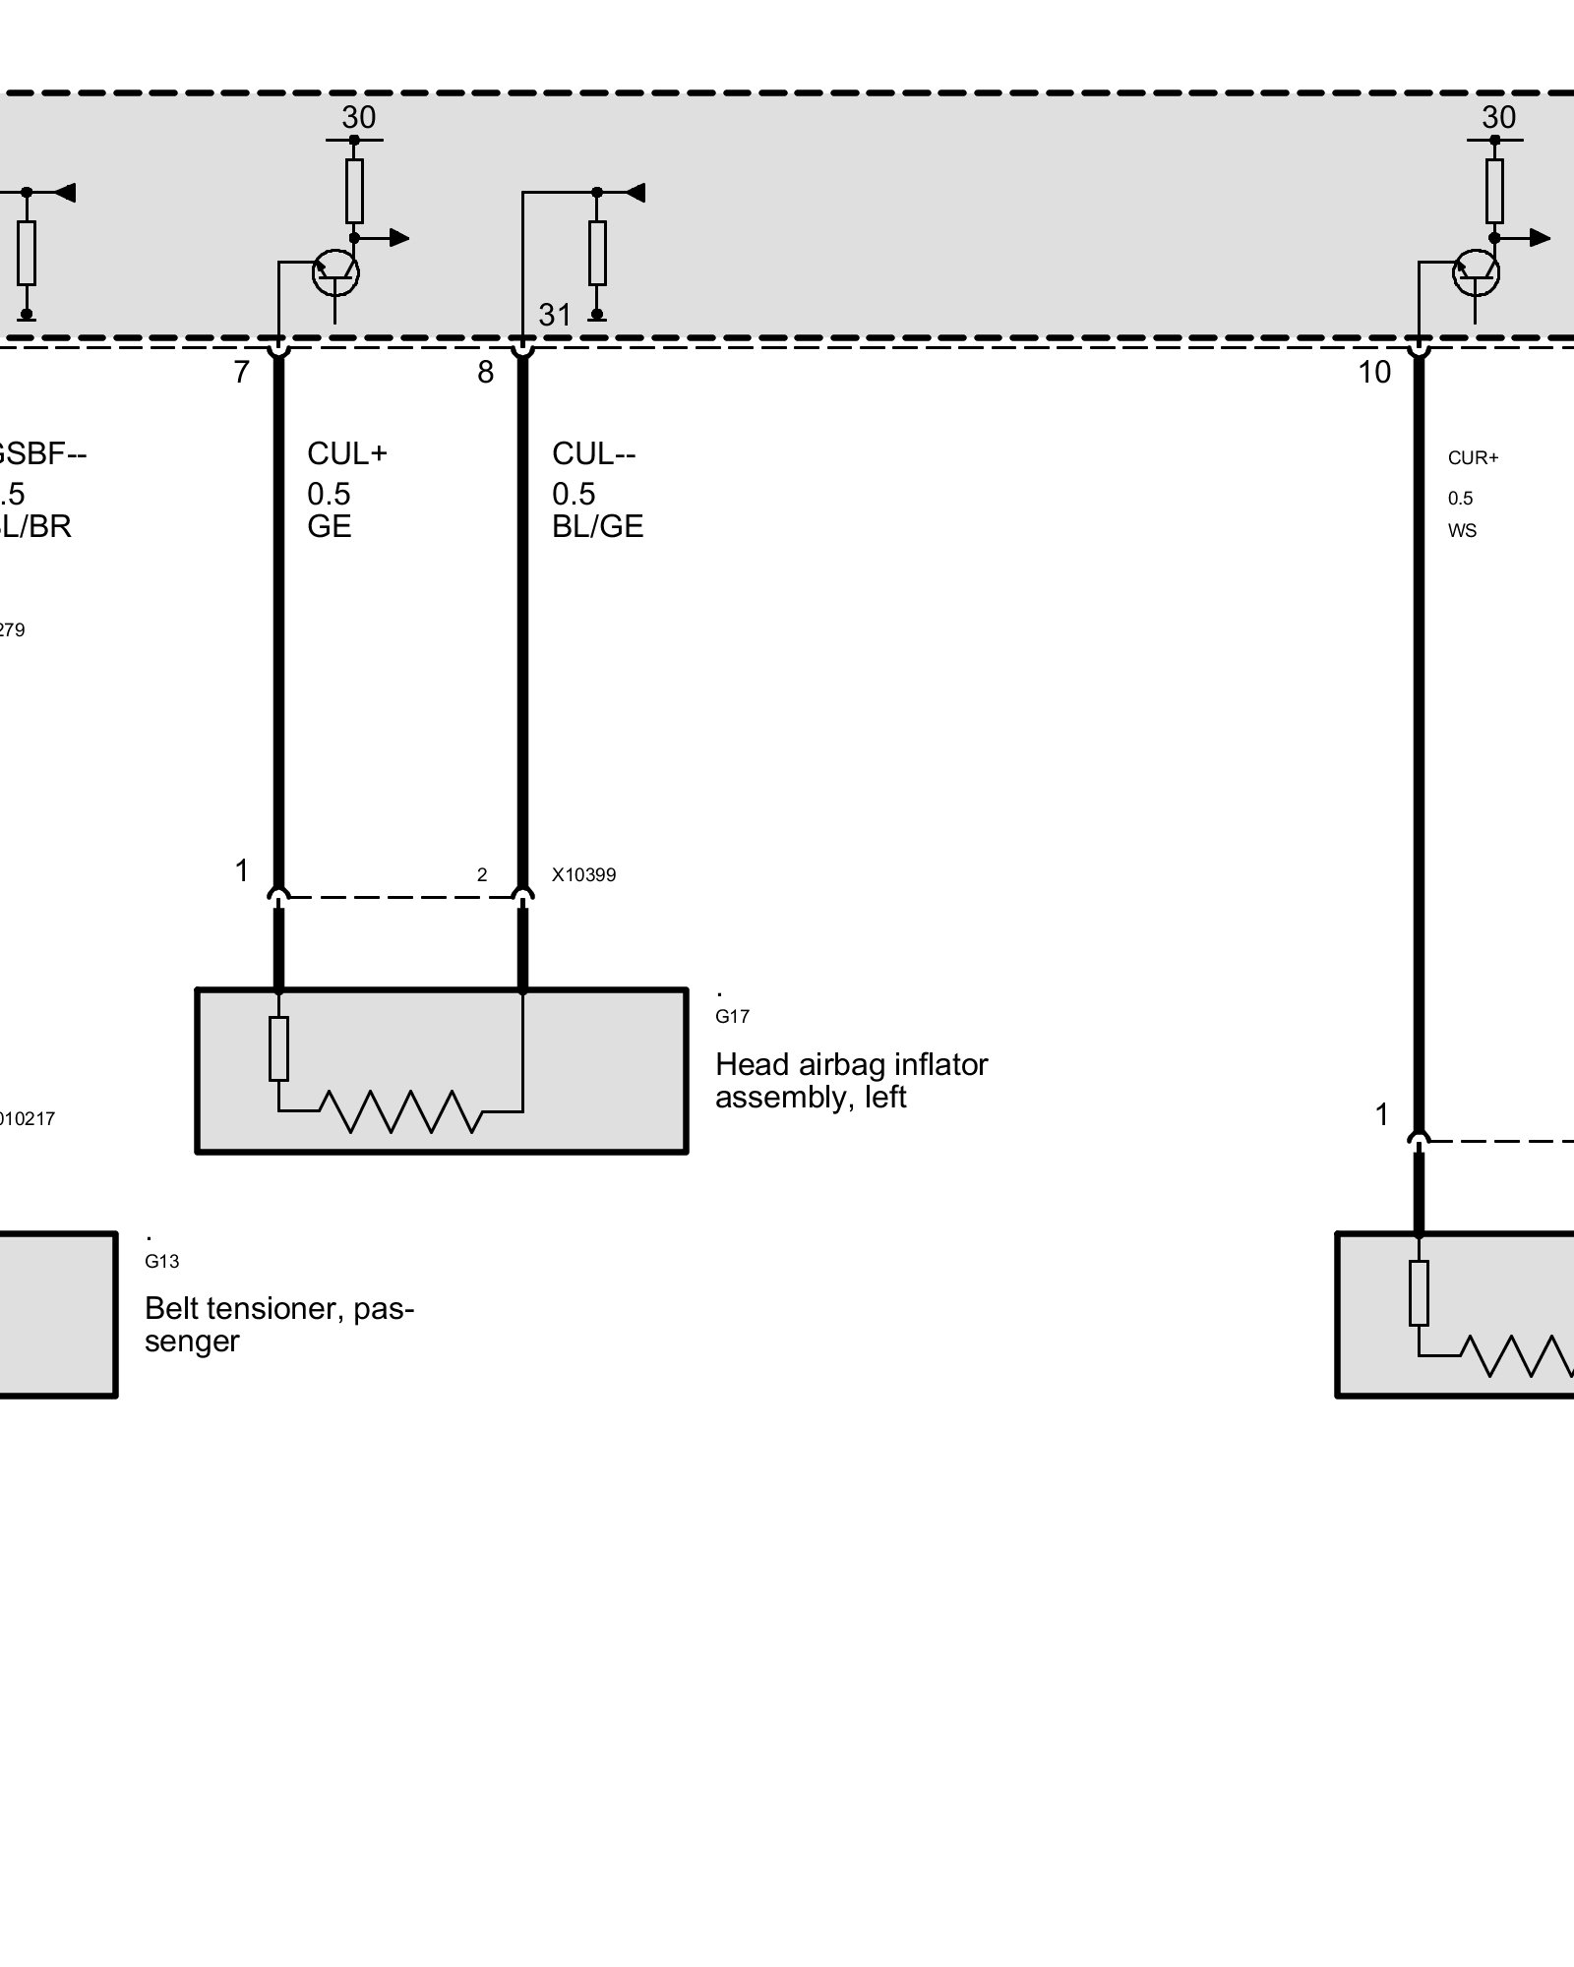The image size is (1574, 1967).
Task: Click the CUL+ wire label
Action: coord(347,453)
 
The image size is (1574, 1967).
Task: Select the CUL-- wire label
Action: coord(593,453)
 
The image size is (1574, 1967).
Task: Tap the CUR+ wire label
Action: coord(1473,458)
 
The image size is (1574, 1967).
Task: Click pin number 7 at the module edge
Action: coord(242,373)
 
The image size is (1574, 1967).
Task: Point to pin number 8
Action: coord(485,373)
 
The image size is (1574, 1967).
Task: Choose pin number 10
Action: coord(1374,373)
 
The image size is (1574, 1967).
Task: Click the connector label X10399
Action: coord(583,875)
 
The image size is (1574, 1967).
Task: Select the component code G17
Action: coord(732,1017)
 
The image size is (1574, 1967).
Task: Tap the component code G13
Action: coord(161,1262)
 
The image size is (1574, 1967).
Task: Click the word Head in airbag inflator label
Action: coord(751,1064)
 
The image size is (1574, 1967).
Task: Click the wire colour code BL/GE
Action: coord(597,527)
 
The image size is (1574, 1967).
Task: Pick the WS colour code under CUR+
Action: coord(1462,531)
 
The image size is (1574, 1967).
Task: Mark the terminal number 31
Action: coord(555,315)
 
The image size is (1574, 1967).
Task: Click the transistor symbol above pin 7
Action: coord(334,274)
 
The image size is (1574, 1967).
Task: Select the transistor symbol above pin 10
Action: coord(1476,274)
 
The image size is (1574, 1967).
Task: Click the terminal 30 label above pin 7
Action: coord(358,118)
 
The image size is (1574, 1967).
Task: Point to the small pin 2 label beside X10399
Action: coord(482,875)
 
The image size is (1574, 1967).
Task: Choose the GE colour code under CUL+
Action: coord(329,527)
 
